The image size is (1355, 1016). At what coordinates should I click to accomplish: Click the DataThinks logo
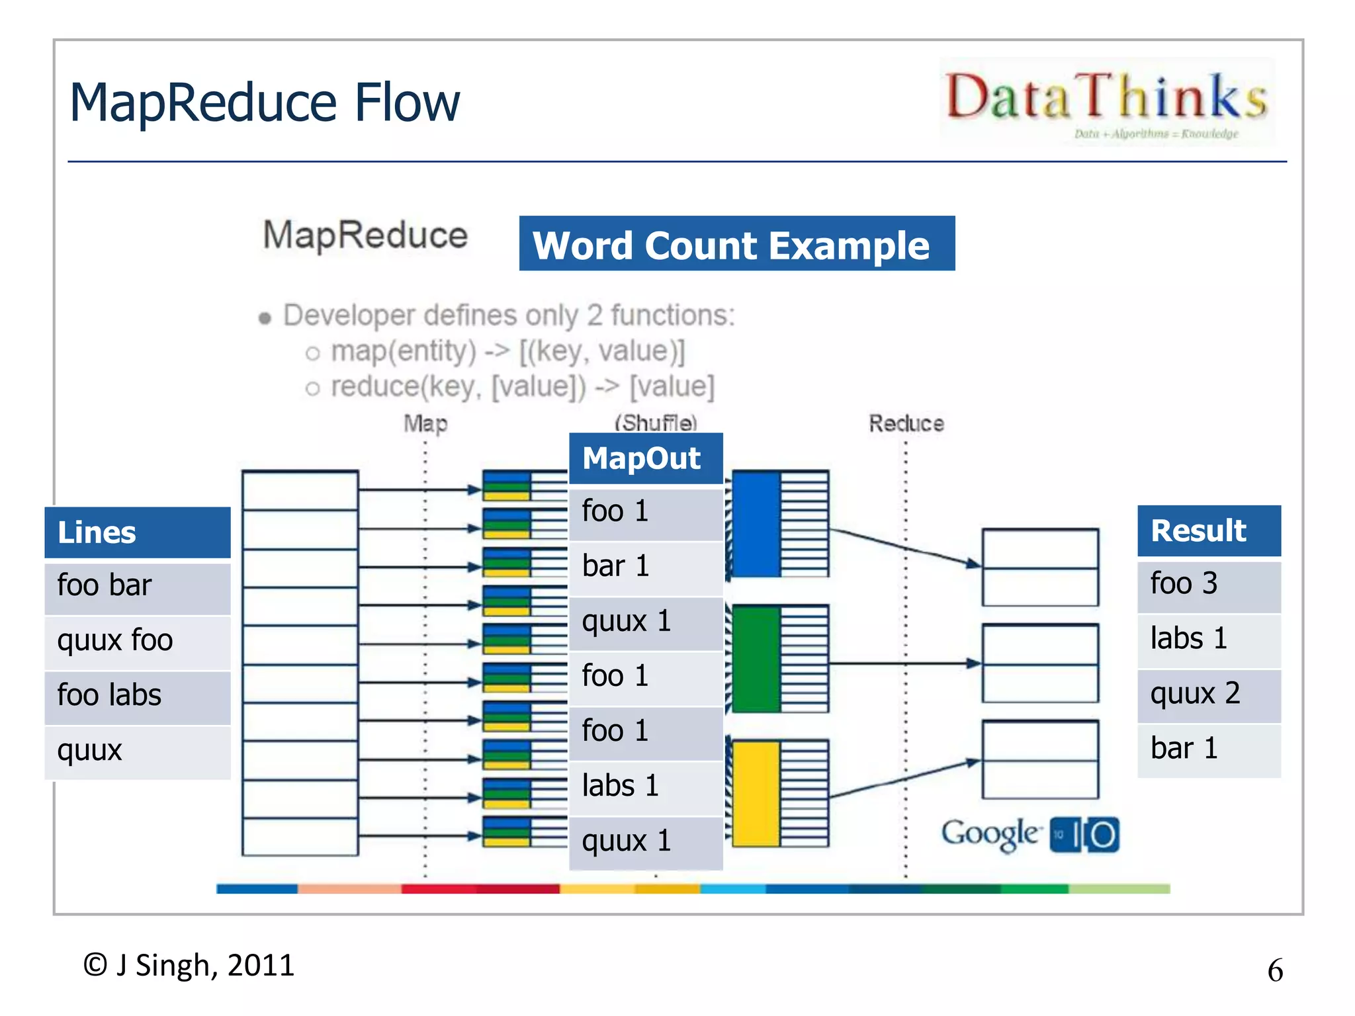tap(1107, 101)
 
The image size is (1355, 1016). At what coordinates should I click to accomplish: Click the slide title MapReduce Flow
tap(265, 103)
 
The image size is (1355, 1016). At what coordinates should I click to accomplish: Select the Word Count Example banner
tap(736, 244)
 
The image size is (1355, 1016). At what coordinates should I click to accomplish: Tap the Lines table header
tap(138, 532)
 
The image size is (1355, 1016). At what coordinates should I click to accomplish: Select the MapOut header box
tap(646, 458)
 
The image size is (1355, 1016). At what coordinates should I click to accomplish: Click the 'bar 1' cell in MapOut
tap(646, 567)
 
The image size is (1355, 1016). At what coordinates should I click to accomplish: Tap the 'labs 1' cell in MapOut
tap(646, 786)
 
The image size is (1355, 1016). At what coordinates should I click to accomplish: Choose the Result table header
tap(1209, 530)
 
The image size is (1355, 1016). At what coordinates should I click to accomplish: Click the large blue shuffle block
tap(756, 524)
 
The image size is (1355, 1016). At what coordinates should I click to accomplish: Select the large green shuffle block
tap(756, 659)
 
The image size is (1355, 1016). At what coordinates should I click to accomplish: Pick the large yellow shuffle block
tap(756, 793)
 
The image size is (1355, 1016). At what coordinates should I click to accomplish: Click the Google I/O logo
tap(1029, 835)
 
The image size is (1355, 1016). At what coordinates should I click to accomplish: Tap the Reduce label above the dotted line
tap(906, 423)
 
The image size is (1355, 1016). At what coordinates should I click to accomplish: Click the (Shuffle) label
tap(656, 423)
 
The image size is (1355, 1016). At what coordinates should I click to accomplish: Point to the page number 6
tap(1275, 970)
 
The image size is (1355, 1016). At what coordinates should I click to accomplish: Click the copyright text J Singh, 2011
tap(189, 965)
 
